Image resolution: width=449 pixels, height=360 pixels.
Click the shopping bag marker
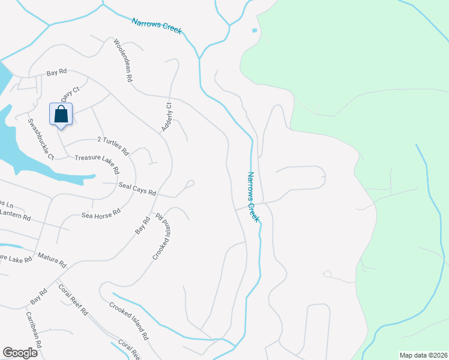tap(61, 114)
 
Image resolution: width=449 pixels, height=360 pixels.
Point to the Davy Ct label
tap(70, 95)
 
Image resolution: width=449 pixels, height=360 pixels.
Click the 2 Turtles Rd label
tap(113, 142)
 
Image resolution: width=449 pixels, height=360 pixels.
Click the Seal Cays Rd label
tap(137, 189)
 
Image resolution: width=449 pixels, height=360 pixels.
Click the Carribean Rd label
tap(33, 329)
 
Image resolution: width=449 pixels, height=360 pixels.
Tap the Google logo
tap(20, 353)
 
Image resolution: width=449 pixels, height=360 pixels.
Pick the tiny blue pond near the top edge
tap(255, 30)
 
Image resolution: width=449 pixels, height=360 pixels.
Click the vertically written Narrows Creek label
tap(253, 197)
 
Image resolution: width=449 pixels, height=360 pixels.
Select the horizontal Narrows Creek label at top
tap(156, 25)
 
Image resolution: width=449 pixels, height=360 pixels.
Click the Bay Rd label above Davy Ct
tap(56, 73)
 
